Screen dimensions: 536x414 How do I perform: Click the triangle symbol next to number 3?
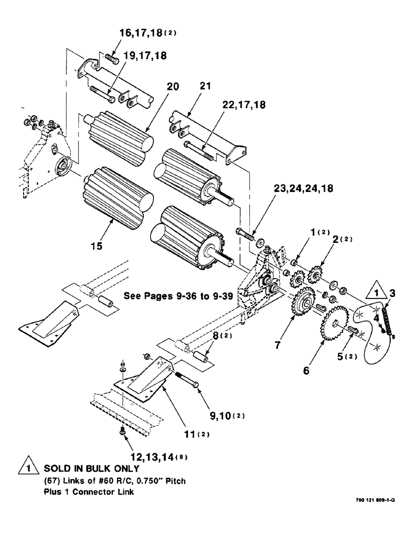pyautogui.click(x=375, y=293)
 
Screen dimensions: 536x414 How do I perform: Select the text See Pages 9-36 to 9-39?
pyautogui.click(x=178, y=295)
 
